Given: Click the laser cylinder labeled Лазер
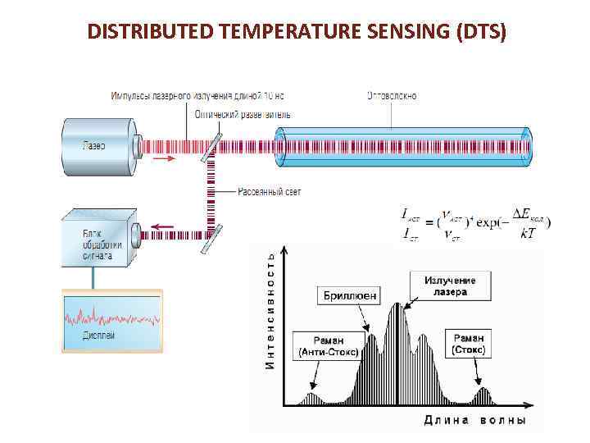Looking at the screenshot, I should (x=97, y=146).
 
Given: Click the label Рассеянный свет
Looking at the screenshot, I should (x=270, y=192).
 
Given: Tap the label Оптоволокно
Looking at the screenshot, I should (x=391, y=96).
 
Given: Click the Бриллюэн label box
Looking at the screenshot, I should (x=349, y=294).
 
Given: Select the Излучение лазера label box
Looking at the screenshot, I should (x=450, y=286).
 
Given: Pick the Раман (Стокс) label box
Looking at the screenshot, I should (x=469, y=344).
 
